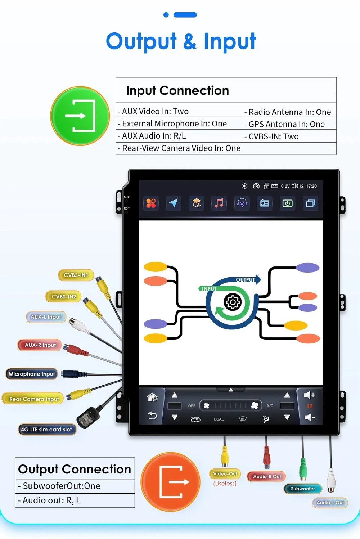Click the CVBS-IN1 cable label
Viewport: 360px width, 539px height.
76,275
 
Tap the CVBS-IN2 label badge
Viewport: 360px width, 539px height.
63,297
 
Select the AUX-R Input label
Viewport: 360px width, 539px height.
40,345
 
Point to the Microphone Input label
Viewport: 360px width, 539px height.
32,374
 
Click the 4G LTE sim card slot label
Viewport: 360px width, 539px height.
47,430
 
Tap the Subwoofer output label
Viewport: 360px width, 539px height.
303,489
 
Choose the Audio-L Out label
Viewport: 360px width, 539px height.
330,503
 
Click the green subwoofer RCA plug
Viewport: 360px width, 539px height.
303,469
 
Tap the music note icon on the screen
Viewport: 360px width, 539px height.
219,203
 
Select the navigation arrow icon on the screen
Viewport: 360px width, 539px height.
173,203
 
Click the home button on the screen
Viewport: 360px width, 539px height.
152,397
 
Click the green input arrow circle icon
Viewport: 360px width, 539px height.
80,116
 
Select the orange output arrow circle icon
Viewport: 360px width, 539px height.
170,482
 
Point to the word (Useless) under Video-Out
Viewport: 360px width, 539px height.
225,484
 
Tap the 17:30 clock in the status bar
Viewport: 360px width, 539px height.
311,186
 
